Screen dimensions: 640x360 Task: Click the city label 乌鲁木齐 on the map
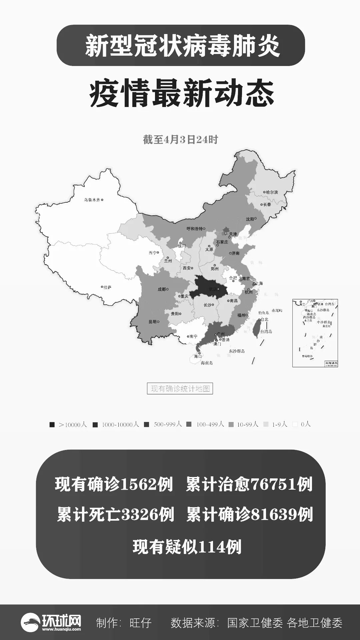[92, 200]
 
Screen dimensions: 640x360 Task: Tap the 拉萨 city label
[107, 287]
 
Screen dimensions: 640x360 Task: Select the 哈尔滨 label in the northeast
[271, 192]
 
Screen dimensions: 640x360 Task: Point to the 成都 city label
[162, 289]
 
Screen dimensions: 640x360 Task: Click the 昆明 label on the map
[152, 322]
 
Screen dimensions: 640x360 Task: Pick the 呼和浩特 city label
[194, 229]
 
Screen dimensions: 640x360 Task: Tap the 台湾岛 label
[266, 331]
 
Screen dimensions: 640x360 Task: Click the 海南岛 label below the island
[207, 363]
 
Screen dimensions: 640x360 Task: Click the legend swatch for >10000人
[52, 425]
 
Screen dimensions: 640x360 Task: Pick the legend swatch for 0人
[295, 424]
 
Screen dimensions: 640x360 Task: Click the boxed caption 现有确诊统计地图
[180, 389]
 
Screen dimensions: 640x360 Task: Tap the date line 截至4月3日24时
[180, 140]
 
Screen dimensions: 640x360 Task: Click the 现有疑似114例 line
[187, 547]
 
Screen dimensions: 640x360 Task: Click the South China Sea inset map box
[315, 333]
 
